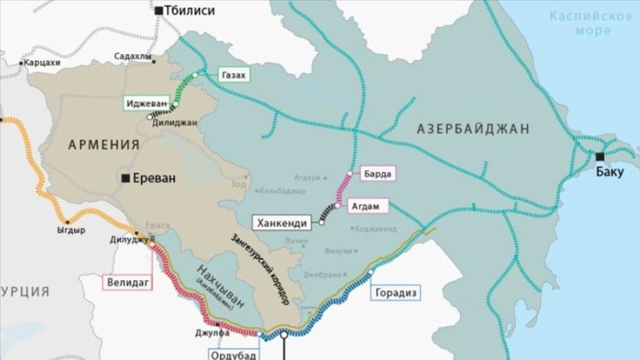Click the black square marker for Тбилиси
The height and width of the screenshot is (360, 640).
coord(159,11)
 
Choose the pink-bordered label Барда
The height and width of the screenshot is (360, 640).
coord(377,174)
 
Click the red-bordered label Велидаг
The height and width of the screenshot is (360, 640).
coord(126,282)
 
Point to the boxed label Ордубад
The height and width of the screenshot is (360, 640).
coord(233,355)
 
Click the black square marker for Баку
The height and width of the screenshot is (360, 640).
coord(600,156)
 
